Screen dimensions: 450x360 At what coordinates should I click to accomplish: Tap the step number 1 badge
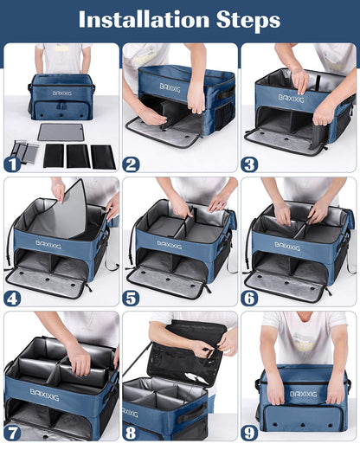coord(13,163)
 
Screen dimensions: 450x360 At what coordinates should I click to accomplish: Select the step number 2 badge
coord(132,163)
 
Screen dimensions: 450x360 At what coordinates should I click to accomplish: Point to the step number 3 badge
coord(250,163)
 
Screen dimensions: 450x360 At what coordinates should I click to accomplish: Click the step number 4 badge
coord(13,297)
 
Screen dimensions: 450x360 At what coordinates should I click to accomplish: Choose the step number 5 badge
coord(132,297)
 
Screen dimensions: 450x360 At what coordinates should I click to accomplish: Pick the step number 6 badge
coord(250,297)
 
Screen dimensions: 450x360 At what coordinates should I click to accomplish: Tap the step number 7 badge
coord(13,431)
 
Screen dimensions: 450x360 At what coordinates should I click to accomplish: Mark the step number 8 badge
coord(132,431)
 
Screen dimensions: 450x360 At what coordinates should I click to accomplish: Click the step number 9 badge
coord(250,431)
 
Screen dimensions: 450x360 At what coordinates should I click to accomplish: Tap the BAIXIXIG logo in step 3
coord(290,98)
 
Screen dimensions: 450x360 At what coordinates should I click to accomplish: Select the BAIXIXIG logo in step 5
coord(169,244)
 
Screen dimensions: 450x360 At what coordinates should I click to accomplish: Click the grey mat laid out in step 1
coord(61,132)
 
